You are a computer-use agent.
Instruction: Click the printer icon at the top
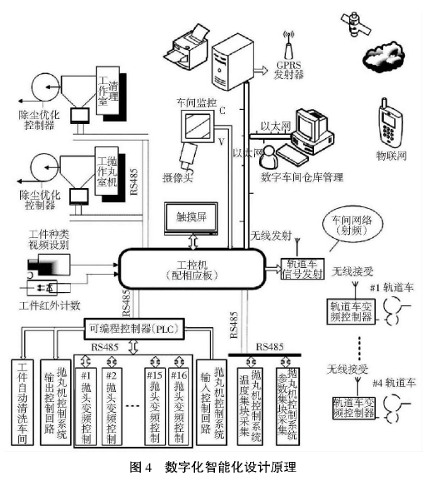pyautogui.click(x=194, y=42)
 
